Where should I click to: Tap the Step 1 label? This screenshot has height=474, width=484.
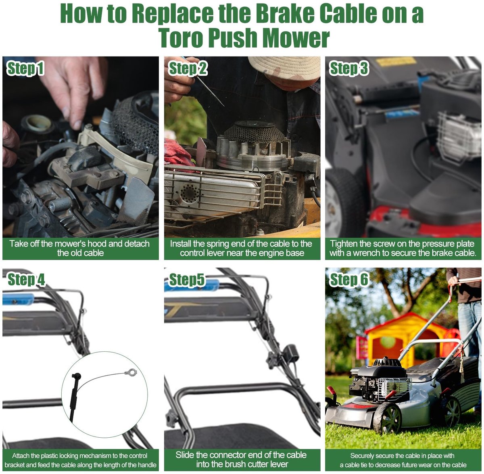pyautogui.click(x=25, y=68)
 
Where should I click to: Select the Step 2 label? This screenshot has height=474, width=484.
pyautogui.click(x=188, y=68)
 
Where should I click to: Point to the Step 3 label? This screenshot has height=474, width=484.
pyautogui.click(x=348, y=68)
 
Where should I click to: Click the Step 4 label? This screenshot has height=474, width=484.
pyautogui.click(x=26, y=280)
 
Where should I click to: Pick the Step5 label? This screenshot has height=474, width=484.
pyautogui.click(x=187, y=280)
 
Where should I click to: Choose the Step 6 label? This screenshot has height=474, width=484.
pyautogui.click(x=349, y=280)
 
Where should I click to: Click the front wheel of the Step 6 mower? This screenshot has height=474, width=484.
pyautogui.click(x=388, y=418)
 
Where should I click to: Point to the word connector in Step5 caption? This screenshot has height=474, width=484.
pyautogui.click(x=226, y=455)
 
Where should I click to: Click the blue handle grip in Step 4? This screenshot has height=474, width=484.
pyautogui.click(x=18, y=299)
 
